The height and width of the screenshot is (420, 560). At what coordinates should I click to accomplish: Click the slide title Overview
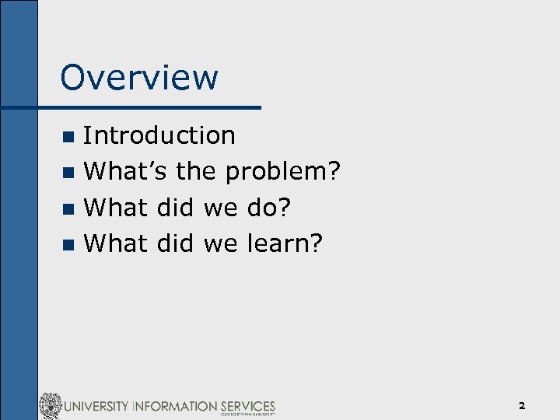pos(139,78)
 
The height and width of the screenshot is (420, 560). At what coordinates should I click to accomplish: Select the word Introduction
pos(159,135)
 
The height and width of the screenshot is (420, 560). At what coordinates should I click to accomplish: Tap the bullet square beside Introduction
pos(68,136)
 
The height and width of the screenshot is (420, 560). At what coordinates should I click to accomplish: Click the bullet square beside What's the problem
pos(68,172)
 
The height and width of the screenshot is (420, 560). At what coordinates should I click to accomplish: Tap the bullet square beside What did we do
pos(68,208)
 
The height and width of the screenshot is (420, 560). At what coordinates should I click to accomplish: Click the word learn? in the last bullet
pos(284,243)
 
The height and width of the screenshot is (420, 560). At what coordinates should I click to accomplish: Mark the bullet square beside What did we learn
pos(68,244)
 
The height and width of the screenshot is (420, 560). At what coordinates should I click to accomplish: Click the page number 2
pos(522,405)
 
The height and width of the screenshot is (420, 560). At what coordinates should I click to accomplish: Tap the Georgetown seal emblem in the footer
pos(51,406)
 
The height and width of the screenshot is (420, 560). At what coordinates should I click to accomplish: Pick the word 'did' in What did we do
pos(175,207)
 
